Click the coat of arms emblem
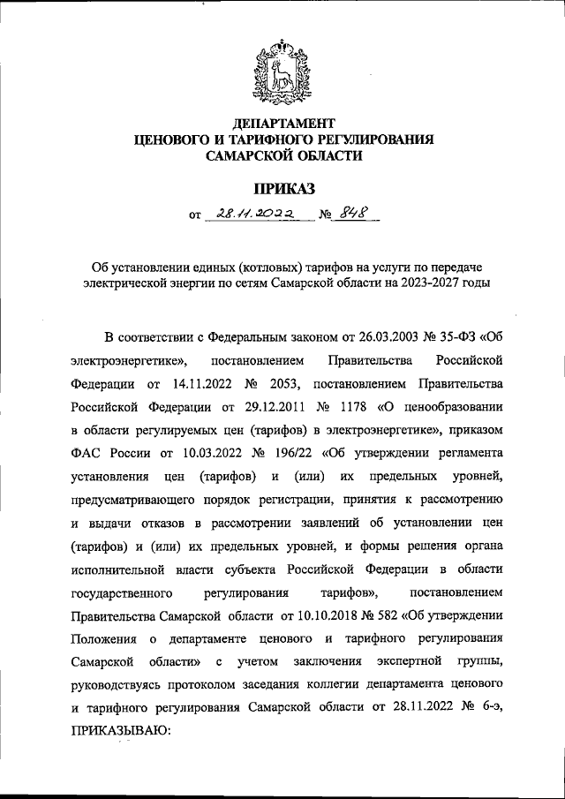(x=282, y=70)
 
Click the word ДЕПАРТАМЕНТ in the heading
(x=283, y=123)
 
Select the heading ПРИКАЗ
(x=283, y=187)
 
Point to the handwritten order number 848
(x=356, y=214)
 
